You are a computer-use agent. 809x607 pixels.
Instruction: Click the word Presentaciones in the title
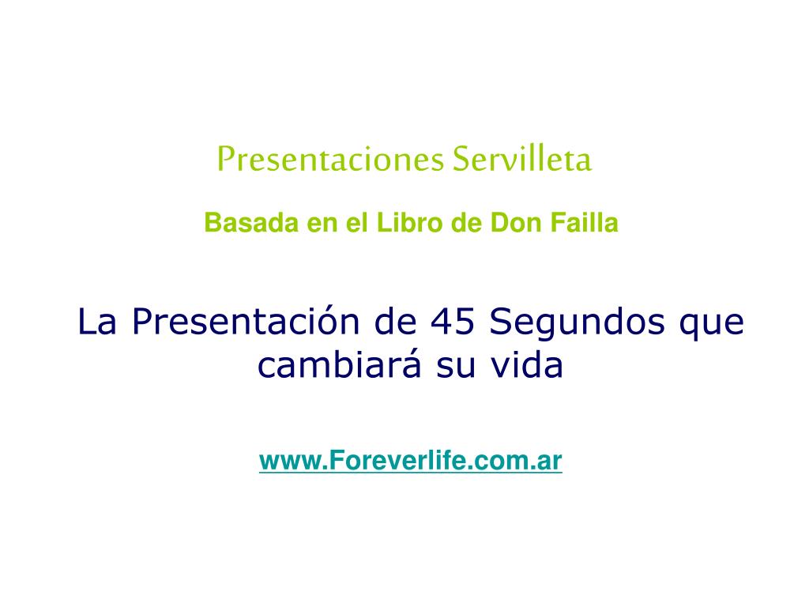330,159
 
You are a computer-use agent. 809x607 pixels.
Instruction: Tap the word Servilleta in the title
522,158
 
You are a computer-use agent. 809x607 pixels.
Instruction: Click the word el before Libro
356,223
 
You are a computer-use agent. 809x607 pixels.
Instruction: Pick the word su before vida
456,368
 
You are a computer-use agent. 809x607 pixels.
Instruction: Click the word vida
526,364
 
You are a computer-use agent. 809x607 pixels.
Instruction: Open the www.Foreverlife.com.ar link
411,461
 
